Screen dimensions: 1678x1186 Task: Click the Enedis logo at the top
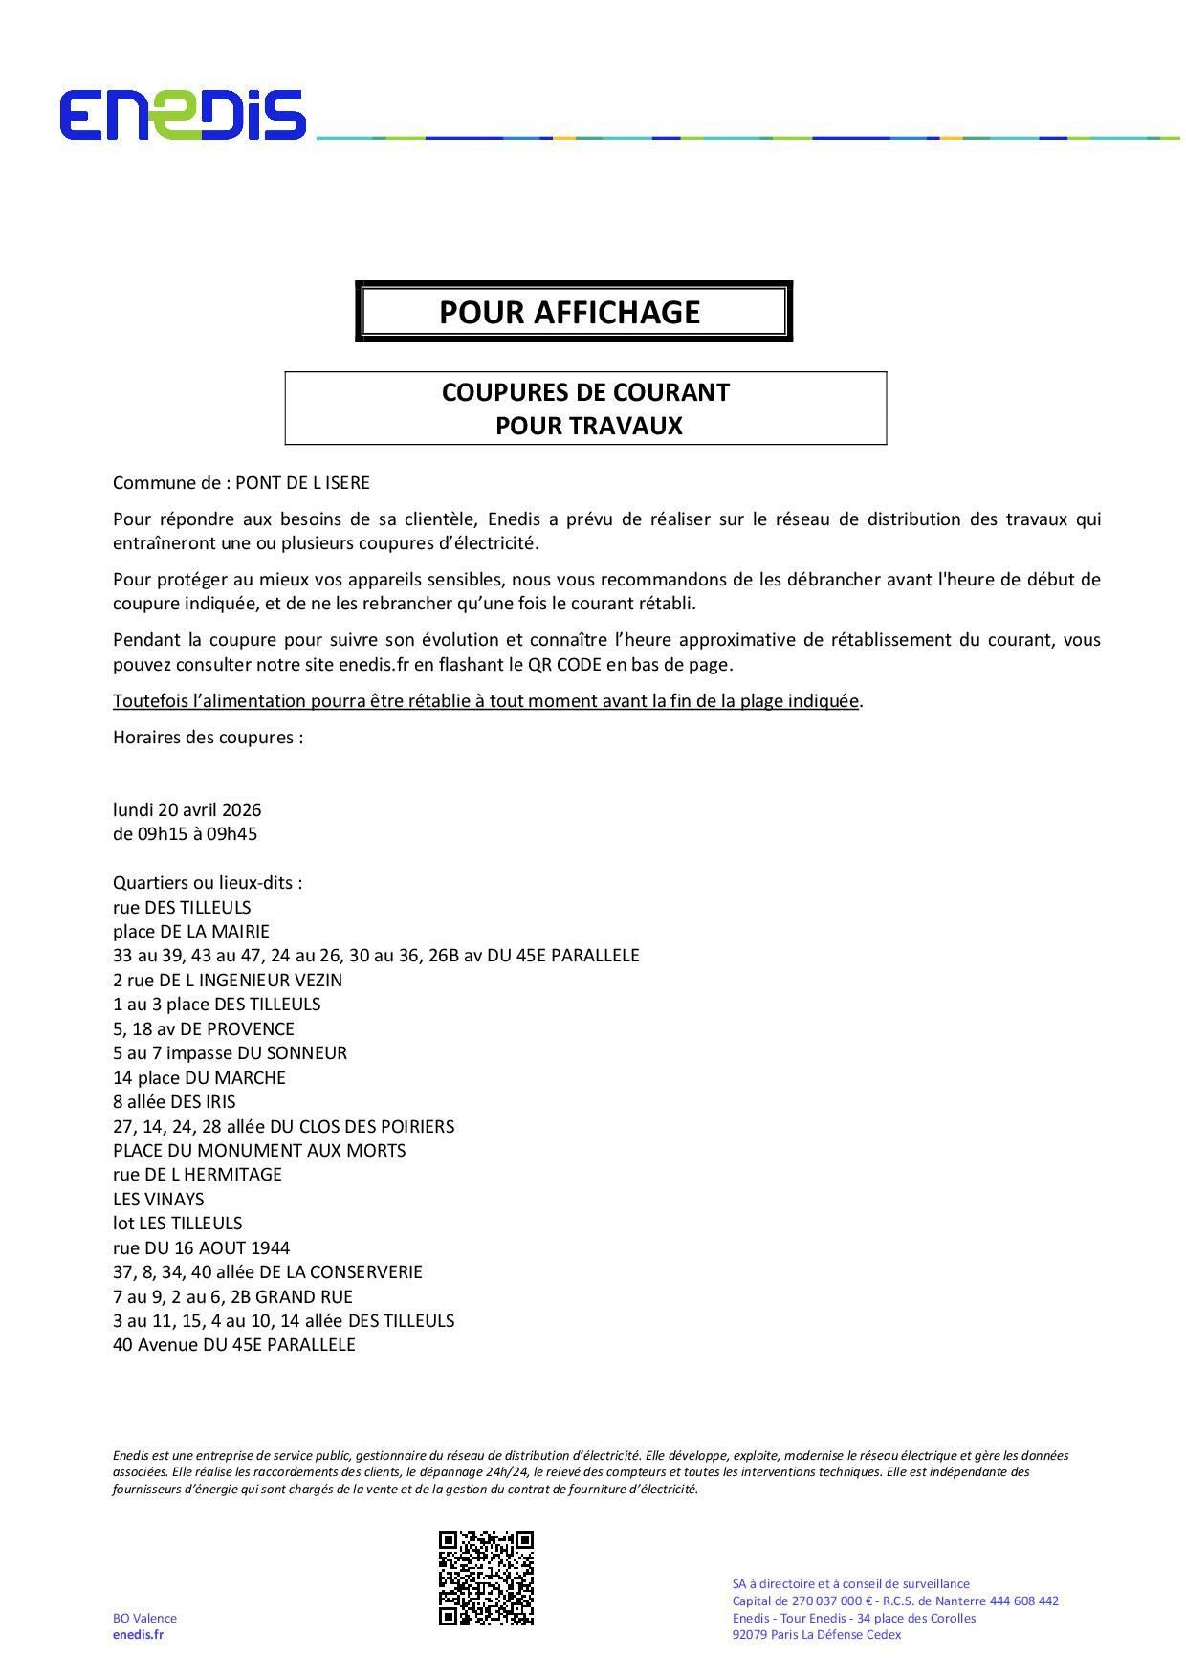(182, 115)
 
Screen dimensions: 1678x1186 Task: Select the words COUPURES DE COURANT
(585, 392)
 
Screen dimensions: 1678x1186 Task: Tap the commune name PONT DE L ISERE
(302, 483)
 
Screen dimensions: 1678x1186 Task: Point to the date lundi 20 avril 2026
(187, 809)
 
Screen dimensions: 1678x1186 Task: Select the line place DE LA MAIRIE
(191, 931)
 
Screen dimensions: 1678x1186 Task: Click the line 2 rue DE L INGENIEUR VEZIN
(228, 980)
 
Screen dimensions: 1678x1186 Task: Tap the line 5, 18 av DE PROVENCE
(204, 1028)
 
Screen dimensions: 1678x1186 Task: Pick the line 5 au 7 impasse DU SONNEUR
(230, 1052)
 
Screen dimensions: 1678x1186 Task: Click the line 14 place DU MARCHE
(199, 1077)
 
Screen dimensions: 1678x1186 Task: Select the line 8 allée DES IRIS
(174, 1101)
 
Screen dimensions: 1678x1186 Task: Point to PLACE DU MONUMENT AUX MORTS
(259, 1150)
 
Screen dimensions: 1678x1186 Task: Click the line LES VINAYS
(159, 1199)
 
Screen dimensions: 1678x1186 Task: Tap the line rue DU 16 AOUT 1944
(201, 1247)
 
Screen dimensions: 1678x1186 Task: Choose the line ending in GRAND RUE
(232, 1296)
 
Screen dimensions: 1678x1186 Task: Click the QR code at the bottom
(486, 1578)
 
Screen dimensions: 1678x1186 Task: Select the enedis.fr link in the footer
(138, 1634)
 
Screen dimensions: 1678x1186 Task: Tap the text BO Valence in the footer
(144, 1618)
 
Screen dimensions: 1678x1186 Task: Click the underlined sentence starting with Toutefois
(486, 700)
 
